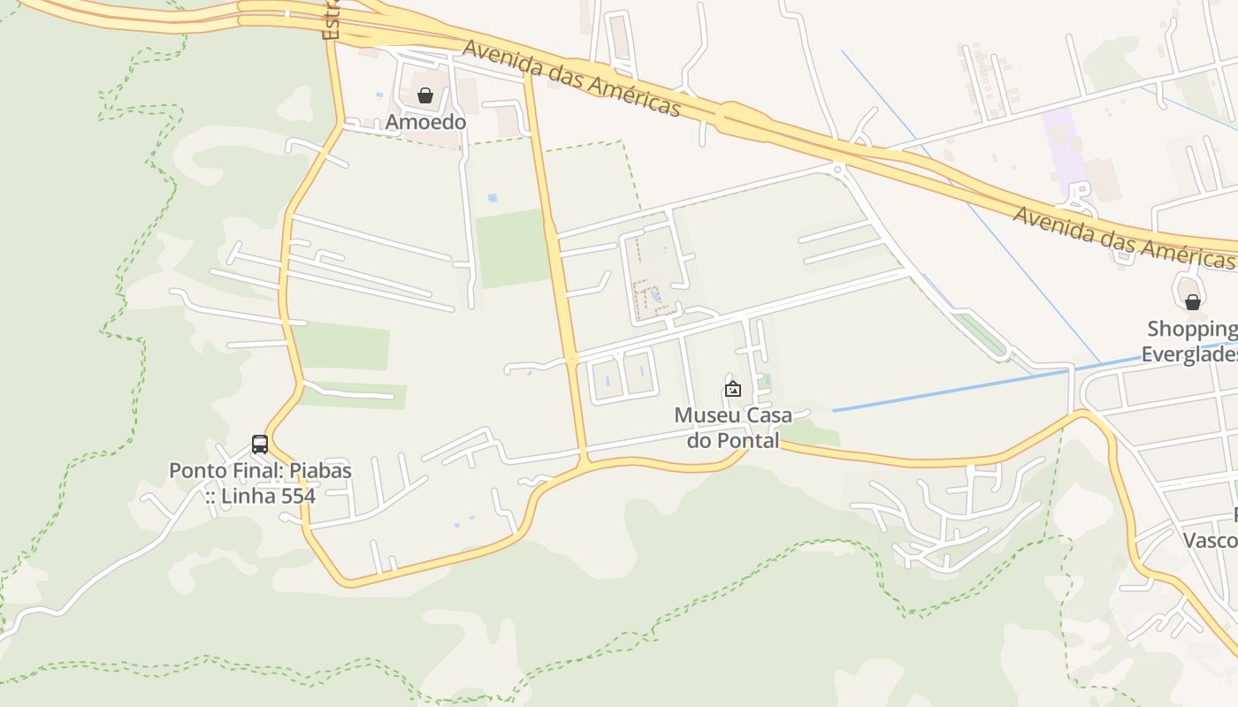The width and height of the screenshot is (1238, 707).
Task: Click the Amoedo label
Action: coord(425,122)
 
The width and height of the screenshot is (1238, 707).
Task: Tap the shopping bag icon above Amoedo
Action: coord(425,95)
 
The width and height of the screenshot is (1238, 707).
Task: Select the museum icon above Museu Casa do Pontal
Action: coord(733,388)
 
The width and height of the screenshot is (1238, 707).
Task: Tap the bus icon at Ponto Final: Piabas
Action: coord(260,445)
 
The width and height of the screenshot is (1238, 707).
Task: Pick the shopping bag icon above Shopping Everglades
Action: coord(1193,302)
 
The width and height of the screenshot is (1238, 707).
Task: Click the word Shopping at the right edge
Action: coord(1191,330)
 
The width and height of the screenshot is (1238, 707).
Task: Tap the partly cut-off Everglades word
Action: coord(1188,354)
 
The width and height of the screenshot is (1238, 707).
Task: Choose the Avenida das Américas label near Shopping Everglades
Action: coord(1122,238)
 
